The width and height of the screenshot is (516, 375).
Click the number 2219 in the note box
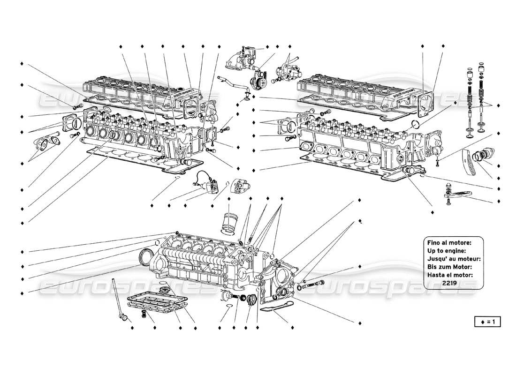451,284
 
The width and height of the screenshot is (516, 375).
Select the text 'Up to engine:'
446,251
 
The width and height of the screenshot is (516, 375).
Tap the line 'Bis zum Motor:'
449,267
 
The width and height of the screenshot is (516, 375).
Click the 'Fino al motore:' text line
449,242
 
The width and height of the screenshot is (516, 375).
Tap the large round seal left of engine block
147,257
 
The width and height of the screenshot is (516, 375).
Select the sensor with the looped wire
206,185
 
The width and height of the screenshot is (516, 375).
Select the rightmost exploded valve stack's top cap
481,69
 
